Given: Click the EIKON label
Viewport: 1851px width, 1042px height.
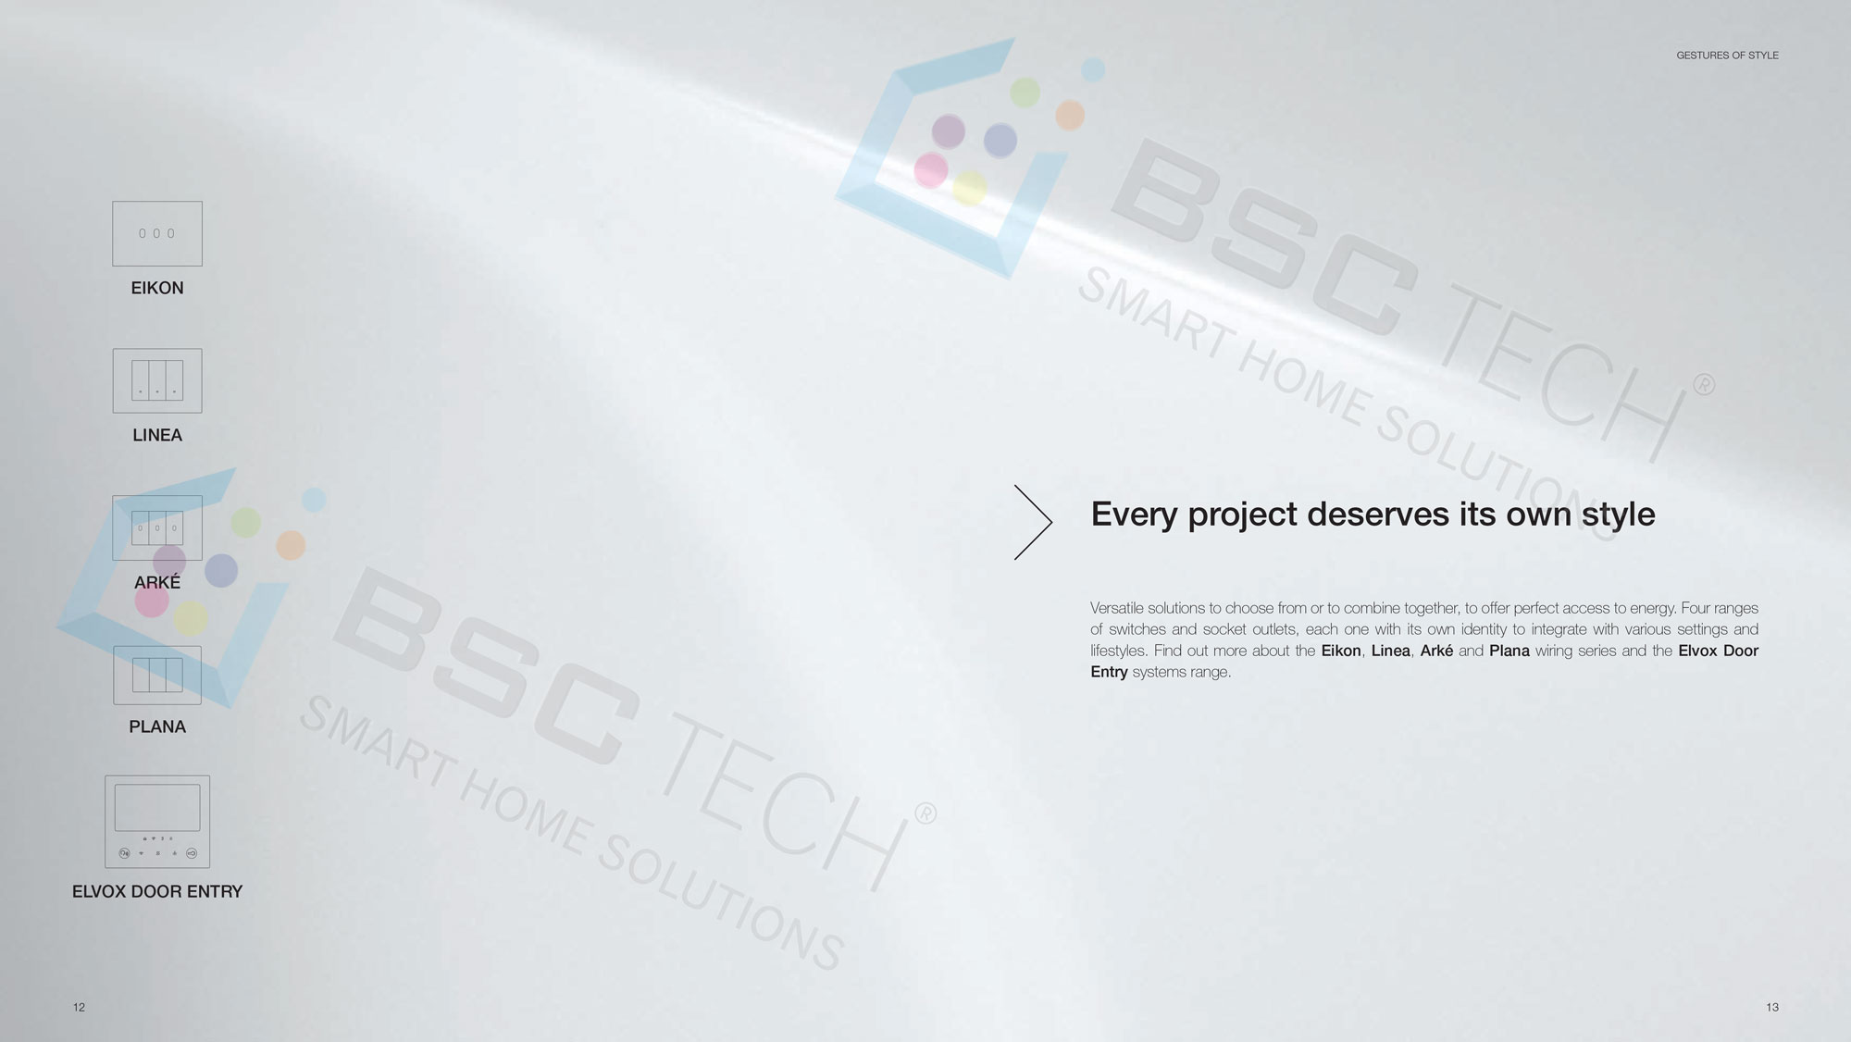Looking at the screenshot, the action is (x=157, y=288).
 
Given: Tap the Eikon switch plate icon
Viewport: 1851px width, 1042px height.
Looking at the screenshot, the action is (x=157, y=233).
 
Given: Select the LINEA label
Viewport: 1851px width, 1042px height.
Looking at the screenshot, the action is (x=157, y=435).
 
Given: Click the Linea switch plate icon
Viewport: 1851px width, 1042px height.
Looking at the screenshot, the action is (x=157, y=380).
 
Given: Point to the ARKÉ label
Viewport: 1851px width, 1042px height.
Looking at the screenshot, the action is (x=157, y=581).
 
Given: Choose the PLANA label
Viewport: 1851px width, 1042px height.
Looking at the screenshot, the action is (x=157, y=726).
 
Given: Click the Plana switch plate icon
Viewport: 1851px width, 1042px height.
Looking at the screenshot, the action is (x=157, y=675).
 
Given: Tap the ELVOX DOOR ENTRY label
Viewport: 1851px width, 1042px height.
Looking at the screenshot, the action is (x=157, y=891).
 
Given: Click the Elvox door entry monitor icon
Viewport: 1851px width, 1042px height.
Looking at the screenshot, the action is (x=157, y=822).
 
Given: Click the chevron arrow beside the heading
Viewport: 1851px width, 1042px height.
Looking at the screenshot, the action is (x=1034, y=522).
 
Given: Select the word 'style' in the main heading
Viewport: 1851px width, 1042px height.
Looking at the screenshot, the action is (x=1618, y=515).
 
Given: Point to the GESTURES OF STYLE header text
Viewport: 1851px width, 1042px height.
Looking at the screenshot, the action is (x=1727, y=56).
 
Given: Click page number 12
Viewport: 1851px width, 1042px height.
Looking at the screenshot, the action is (x=79, y=1007).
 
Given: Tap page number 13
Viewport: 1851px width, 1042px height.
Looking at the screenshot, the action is (x=1771, y=1007).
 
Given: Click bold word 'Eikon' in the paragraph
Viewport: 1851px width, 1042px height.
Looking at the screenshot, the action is (x=1341, y=651).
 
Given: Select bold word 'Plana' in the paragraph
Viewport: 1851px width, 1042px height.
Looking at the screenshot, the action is (x=1509, y=651).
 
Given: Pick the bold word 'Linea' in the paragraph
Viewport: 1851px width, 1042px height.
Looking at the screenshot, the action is (x=1391, y=651).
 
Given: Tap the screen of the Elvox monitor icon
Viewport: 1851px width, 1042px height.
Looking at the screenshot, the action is (x=157, y=808).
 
